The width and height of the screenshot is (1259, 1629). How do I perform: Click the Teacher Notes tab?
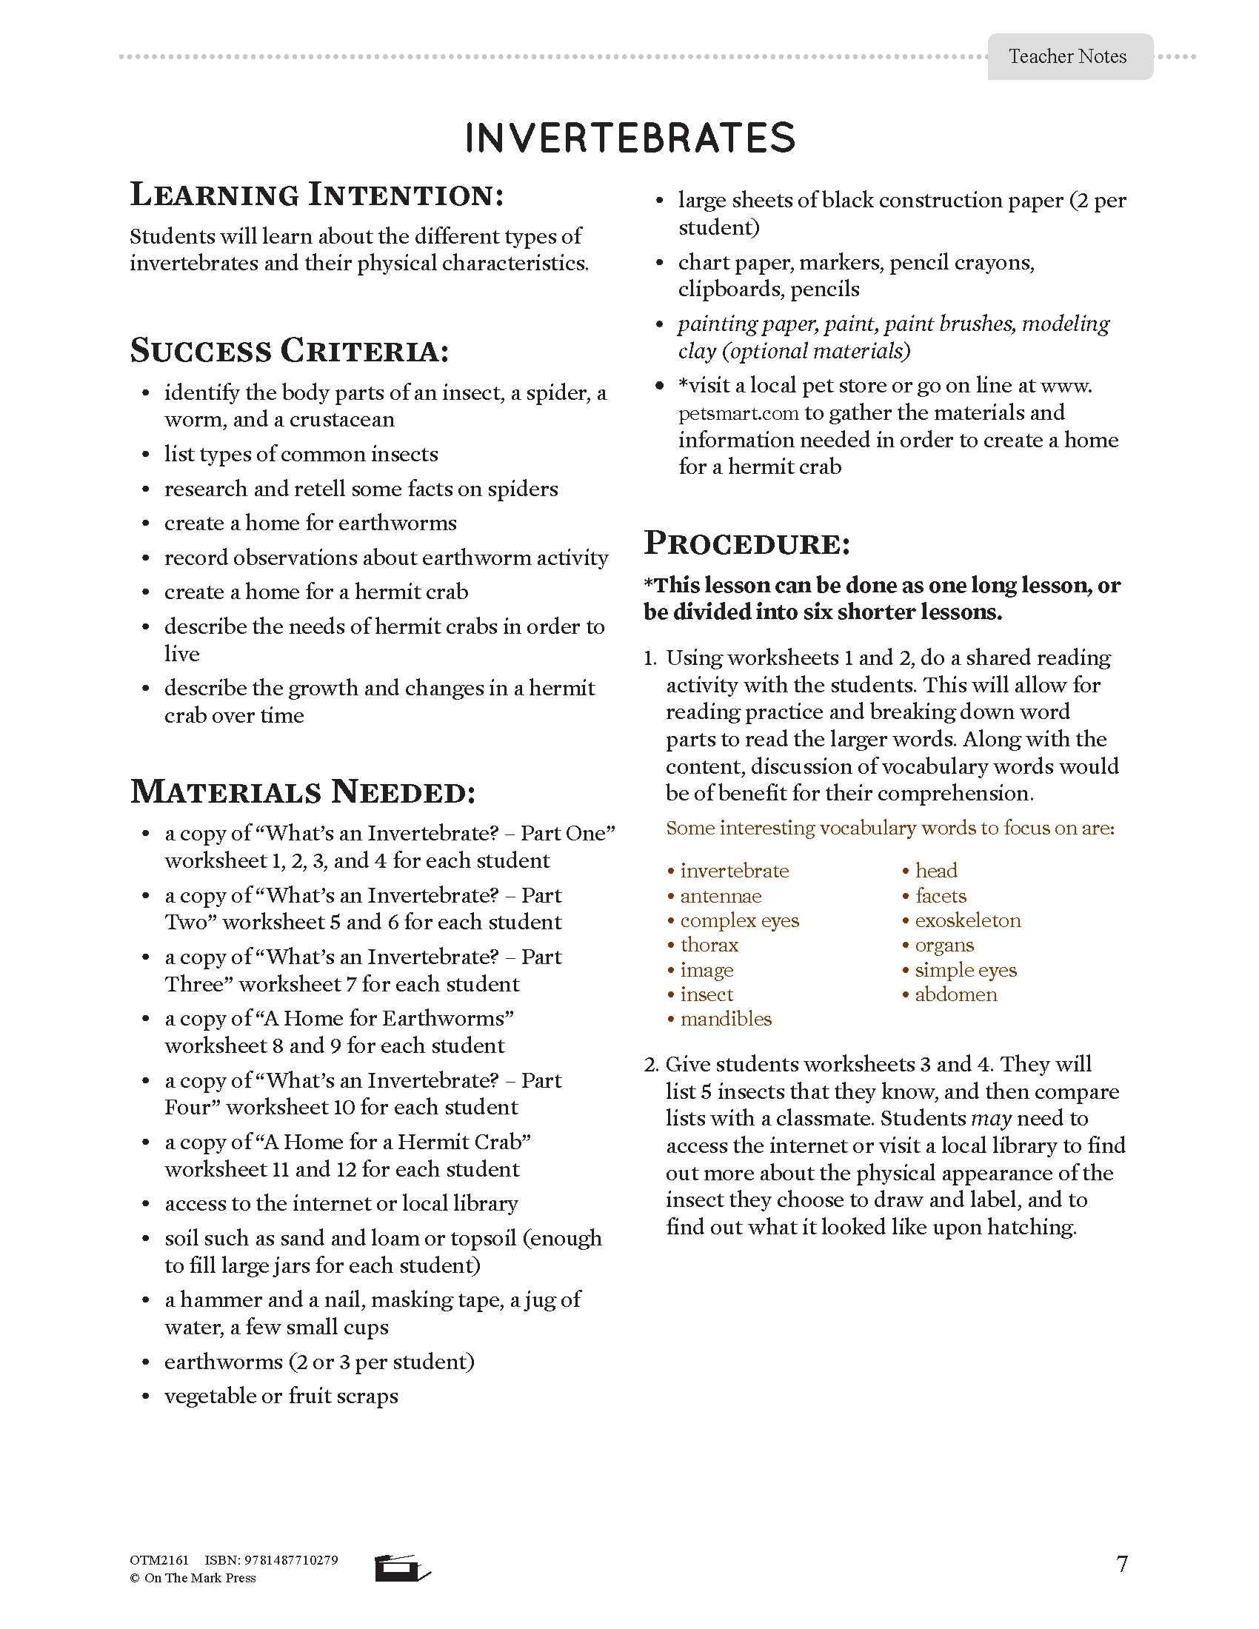1067,57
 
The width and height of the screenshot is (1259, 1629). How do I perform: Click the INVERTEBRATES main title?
630,138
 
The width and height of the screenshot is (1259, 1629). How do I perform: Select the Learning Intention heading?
317,195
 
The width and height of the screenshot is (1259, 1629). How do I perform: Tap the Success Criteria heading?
290,350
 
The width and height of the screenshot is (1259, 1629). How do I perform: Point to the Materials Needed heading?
303,792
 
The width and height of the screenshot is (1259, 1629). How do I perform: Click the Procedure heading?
747,543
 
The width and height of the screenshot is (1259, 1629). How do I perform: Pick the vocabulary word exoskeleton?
967,920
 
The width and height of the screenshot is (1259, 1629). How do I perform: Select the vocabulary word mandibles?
725,1019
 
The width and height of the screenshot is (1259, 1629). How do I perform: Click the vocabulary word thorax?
709,945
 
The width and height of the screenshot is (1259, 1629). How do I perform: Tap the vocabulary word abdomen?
955,994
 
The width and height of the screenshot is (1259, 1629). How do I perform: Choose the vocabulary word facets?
940,896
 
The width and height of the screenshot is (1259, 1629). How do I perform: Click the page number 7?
1122,1563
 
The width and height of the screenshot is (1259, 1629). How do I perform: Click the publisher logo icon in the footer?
401,1568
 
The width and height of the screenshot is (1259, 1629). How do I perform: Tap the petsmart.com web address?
738,413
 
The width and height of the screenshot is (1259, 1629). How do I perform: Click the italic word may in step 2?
990,1119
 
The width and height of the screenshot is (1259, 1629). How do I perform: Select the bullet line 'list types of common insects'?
301,454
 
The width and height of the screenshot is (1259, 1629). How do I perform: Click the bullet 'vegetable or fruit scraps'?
281,1396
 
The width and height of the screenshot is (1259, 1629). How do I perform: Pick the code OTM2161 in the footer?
159,1560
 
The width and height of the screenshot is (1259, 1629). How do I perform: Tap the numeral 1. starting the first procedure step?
649,658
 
